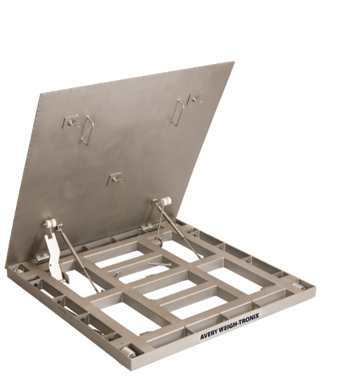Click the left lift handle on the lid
coord(88,129)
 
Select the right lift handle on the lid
coord(177,113)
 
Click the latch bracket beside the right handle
coord(196,99)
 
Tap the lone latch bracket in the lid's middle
coord(115,178)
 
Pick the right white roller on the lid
coord(164,201)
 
